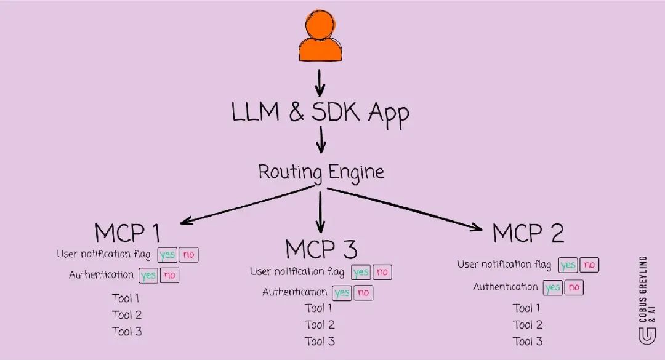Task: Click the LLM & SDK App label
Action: pos(320,113)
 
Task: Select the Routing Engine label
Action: pos(321,172)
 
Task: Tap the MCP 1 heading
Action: pos(127,233)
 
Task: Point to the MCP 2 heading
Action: pos(528,233)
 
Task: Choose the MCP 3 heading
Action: pos(321,249)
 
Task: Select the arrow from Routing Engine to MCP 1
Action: pos(246,206)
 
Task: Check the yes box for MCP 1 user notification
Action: pos(167,255)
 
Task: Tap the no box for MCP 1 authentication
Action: pos(169,275)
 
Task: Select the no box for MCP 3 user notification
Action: pos(382,272)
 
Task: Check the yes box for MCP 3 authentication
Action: pos(342,293)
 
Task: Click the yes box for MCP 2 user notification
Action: pos(568,265)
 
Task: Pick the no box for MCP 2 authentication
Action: pos(574,287)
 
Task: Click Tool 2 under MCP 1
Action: pos(127,315)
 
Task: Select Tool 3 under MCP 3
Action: pos(320,342)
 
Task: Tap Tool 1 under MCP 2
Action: pos(527,308)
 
